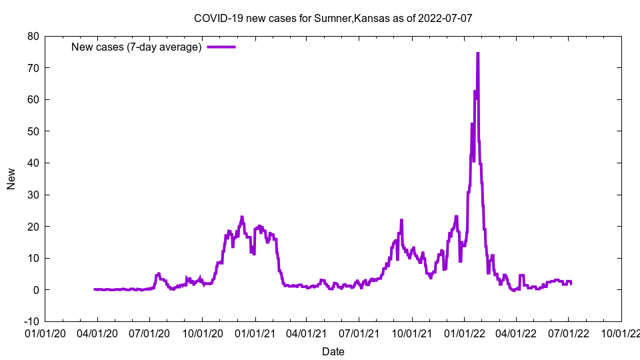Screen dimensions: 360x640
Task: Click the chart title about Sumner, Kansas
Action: [333, 18]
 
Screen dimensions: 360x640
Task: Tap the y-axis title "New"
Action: [11, 179]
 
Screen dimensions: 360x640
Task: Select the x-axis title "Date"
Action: [333, 351]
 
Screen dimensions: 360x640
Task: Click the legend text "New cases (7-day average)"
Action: [137, 47]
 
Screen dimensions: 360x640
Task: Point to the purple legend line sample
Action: [221, 47]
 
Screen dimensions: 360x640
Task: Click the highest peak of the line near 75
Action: [477, 53]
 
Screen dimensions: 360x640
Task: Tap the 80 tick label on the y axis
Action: [33, 36]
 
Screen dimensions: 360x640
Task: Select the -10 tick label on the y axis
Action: [31, 321]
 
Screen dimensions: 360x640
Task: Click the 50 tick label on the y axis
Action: [33, 131]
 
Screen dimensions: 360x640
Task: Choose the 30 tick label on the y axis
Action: [33, 195]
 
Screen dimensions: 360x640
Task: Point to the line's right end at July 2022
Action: [571, 283]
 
